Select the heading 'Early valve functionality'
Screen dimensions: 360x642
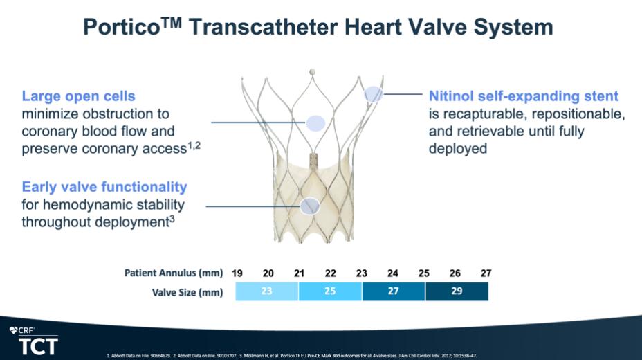[x=104, y=187]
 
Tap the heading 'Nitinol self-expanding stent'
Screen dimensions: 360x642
[x=524, y=96]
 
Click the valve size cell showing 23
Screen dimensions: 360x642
[x=266, y=291]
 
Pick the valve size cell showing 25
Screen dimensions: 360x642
[x=329, y=291]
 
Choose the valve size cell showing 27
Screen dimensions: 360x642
[x=393, y=291]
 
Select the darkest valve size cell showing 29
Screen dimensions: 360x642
[x=456, y=291]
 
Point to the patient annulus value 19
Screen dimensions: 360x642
[x=237, y=273]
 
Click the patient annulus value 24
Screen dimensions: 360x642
[x=393, y=273]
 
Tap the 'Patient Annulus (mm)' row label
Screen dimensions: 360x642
[x=175, y=273]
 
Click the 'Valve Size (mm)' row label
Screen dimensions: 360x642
[x=187, y=292]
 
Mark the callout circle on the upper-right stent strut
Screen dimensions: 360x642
[x=374, y=94]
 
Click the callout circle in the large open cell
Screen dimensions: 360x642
[x=315, y=123]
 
